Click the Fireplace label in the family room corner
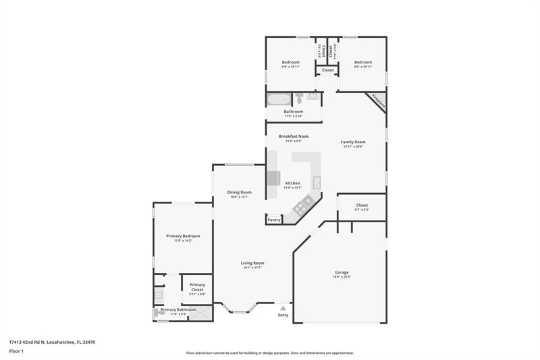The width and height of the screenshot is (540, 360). tap(377, 102)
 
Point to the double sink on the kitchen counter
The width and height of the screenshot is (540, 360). tap(316, 180)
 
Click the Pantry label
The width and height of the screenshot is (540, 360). tap(274, 220)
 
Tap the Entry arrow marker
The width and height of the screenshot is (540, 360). tap(283, 308)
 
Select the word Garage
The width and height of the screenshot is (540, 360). tap(341, 272)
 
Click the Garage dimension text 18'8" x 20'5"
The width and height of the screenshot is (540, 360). tap(341, 277)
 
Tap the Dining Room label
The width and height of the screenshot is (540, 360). tap(239, 192)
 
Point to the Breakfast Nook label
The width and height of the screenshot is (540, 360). tap(294, 136)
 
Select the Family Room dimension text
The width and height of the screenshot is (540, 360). tap(354, 147)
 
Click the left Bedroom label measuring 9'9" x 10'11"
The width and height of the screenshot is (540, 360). tap(290, 62)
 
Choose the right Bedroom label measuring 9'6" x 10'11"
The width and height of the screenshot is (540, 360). tap(363, 62)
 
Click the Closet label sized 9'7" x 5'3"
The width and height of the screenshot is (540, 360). tap(362, 205)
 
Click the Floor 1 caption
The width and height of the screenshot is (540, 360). tap(16, 352)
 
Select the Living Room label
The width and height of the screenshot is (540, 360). tap(252, 263)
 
